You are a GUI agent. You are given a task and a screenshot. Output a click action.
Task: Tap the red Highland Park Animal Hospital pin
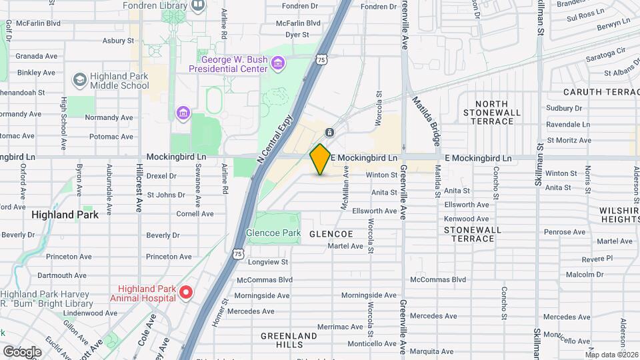click(x=187, y=292)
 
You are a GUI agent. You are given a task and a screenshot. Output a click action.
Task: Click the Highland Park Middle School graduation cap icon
click(x=80, y=80)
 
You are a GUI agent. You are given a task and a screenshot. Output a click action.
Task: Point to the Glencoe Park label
click(x=273, y=233)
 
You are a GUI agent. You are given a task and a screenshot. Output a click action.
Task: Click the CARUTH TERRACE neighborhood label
click(x=601, y=91)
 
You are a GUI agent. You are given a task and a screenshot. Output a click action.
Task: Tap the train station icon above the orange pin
click(x=329, y=132)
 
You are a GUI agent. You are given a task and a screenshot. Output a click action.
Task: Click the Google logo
click(x=22, y=351)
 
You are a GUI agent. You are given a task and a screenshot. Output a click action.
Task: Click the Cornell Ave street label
click(x=195, y=214)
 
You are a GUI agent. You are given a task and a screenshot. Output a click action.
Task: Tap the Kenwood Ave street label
click(x=467, y=219)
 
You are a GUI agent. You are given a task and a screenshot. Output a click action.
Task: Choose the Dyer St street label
click(x=297, y=34)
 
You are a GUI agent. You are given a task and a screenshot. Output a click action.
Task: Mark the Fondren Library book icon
click(x=198, y=6)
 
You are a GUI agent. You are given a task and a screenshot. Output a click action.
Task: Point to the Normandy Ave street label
click(x=109, y=117)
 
